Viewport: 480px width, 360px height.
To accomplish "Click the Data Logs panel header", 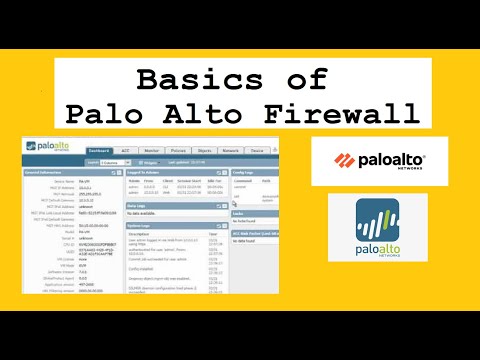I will pos(140,201).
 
